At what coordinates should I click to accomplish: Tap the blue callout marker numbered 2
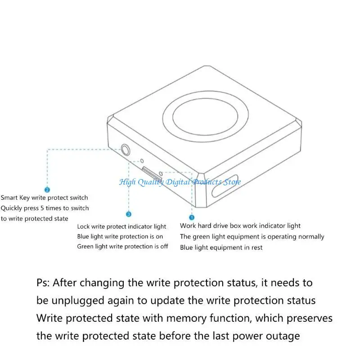coord(47,190)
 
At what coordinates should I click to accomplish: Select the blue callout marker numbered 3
coord(129,214)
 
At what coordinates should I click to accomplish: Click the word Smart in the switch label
coord(9,198)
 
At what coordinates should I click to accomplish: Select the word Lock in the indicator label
coord(84,226)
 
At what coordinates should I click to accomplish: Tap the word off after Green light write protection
coord(164,246)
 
